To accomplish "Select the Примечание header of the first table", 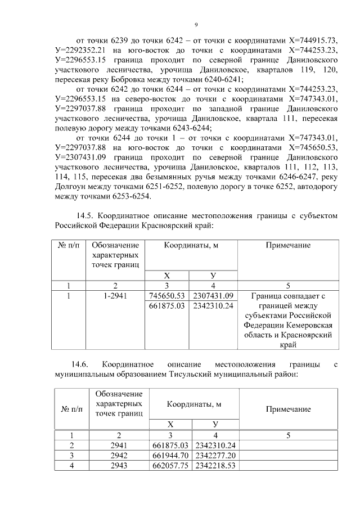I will [289, 246].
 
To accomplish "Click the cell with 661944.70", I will [171, 456].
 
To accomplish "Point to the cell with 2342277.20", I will [215, 456].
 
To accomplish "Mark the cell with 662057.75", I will [171, 466].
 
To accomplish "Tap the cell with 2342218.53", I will [215, 466].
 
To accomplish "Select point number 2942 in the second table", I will [119, 456].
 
